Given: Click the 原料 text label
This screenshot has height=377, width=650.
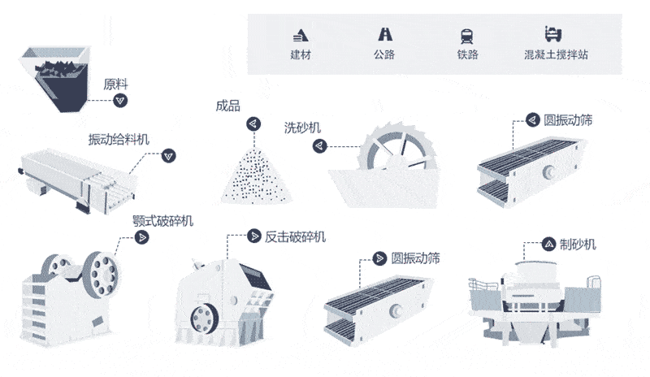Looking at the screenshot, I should pos(115,84).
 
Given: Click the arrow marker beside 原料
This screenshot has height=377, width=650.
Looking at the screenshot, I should pos(121,100).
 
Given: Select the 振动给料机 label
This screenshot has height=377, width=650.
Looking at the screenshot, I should pos(119,139).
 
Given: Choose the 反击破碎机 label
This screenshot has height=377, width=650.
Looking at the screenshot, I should pos(296,236).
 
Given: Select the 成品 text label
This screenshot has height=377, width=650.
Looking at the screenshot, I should pos(227,106).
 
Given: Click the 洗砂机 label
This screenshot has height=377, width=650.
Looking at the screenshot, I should pos(301,128).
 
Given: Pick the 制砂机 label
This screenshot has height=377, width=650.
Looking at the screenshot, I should pos(578,244).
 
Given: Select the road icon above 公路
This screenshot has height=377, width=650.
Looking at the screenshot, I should pos(384,35).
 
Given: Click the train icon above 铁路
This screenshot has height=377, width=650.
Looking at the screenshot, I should pos(467,35).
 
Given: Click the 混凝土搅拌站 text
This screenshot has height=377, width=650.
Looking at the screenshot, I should pos(556,55).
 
